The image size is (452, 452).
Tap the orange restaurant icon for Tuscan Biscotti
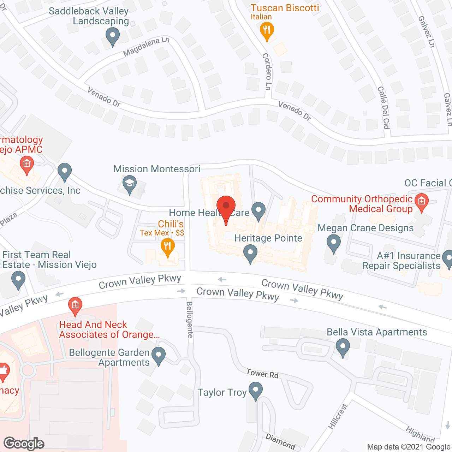click(267, 30)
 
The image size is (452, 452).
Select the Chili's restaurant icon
click(168, 246)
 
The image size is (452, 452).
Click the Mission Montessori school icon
click(130, 184)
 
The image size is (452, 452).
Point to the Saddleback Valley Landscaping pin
click(113, 36)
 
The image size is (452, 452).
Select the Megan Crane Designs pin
click(333, 243)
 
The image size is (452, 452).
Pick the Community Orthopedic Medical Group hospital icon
click(421, 202)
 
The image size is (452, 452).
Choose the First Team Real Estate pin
click(18, 280)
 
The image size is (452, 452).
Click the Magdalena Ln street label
click(146, 47)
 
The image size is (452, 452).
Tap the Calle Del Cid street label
click(384, 107)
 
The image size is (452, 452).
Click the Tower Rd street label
click(262, 374)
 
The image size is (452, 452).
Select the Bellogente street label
click(190, 320)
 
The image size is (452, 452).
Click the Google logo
click(24, 444)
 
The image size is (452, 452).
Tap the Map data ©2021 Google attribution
click(409, 447)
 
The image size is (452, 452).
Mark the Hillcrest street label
click(338, 417)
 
